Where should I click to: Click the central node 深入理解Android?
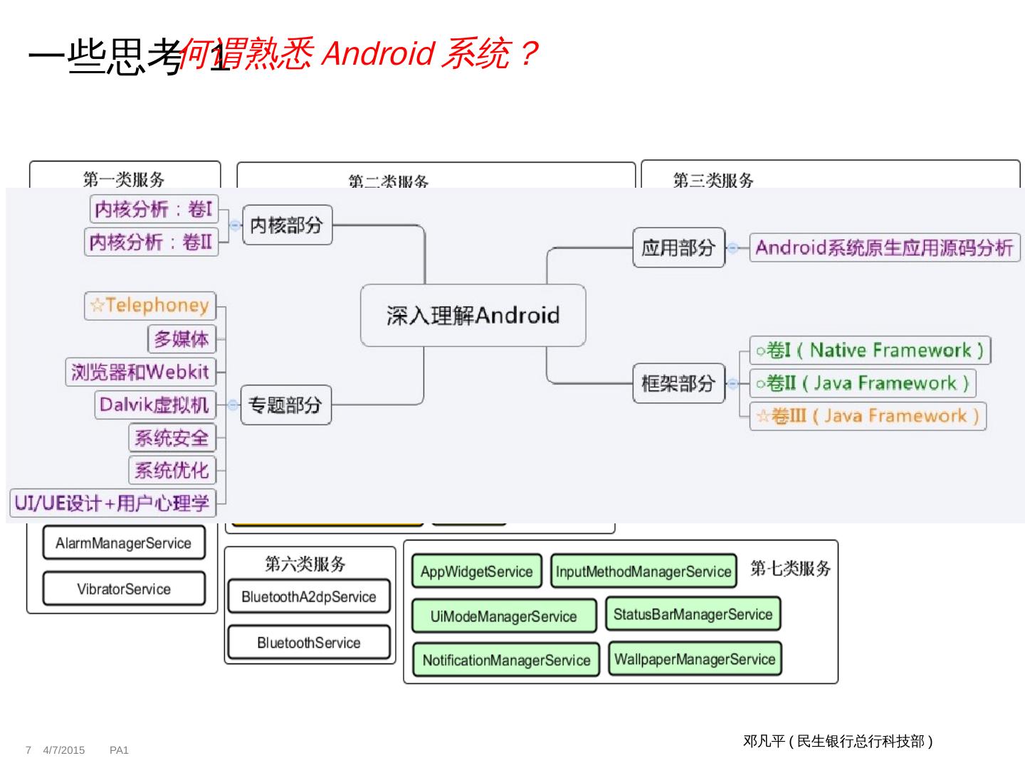coord(473,316)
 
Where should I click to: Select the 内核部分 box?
coord(287,225)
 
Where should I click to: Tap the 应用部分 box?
coord(678,247)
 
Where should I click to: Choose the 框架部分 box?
coord(678,383)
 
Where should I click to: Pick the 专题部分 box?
coord(285,405)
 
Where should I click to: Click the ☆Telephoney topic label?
coord(150,306)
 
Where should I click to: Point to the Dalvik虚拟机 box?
coord(154,405)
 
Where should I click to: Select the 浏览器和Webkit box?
coord(140,371)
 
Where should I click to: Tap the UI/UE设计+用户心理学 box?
coord(112,503)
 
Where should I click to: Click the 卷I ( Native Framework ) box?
coord(870,350)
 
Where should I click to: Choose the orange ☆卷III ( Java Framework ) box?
coord(868,416)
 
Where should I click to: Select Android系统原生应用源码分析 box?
coord(885,247)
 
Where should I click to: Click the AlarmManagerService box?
coord(124,543)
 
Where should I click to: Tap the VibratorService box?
coord(124,589)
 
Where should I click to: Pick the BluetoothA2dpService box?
coord(309,597)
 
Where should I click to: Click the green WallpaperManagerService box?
coord(695,659)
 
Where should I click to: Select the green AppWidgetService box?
coord(476,572)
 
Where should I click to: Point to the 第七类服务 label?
coord(790,568)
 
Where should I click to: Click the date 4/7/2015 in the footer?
coord(64,750)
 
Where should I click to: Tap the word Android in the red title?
coord(377,54)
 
